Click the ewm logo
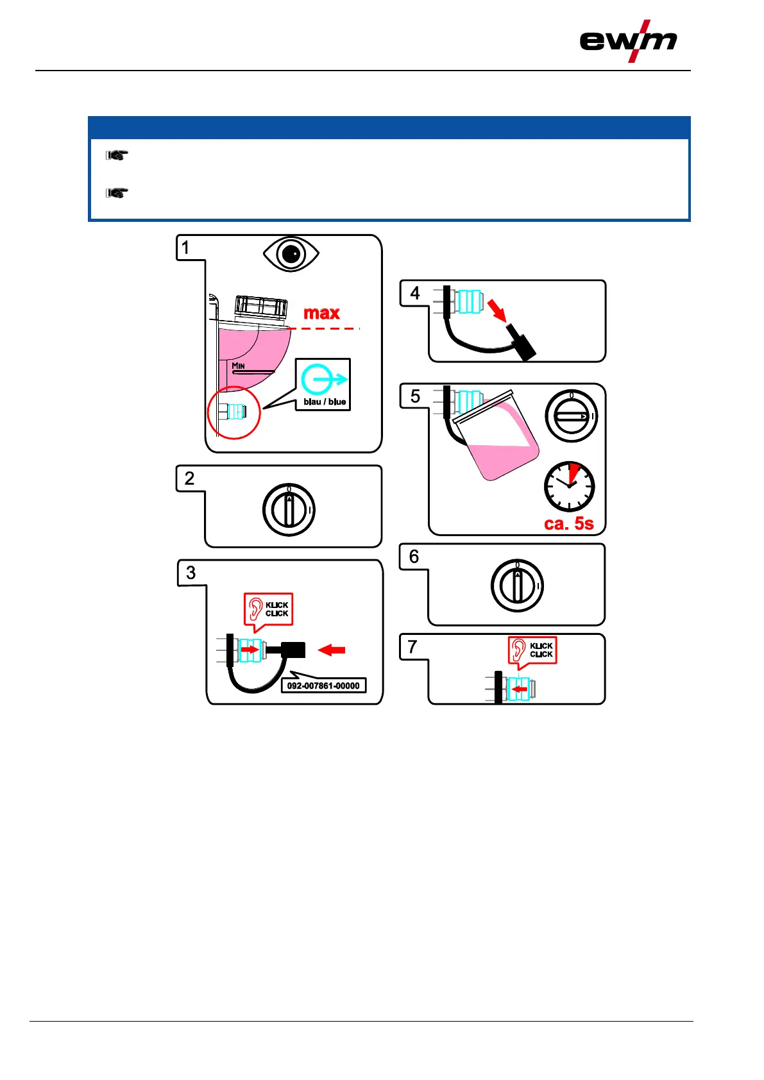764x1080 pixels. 628,41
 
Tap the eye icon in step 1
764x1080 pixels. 291,255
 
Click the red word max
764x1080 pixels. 321,313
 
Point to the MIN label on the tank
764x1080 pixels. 239,366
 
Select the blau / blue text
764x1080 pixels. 325,402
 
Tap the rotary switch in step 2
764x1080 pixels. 289,510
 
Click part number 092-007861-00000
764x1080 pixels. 323,686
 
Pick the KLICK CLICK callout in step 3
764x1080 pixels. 269,609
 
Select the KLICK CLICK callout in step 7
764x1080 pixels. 533,650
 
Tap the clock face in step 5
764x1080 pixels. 569,486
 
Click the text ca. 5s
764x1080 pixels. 569,524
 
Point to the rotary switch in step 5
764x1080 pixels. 571,416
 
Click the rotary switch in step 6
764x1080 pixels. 517,586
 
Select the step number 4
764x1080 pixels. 415,294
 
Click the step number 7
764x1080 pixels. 412,647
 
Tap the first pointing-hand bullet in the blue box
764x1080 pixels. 117,155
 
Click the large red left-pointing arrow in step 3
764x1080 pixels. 332,650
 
